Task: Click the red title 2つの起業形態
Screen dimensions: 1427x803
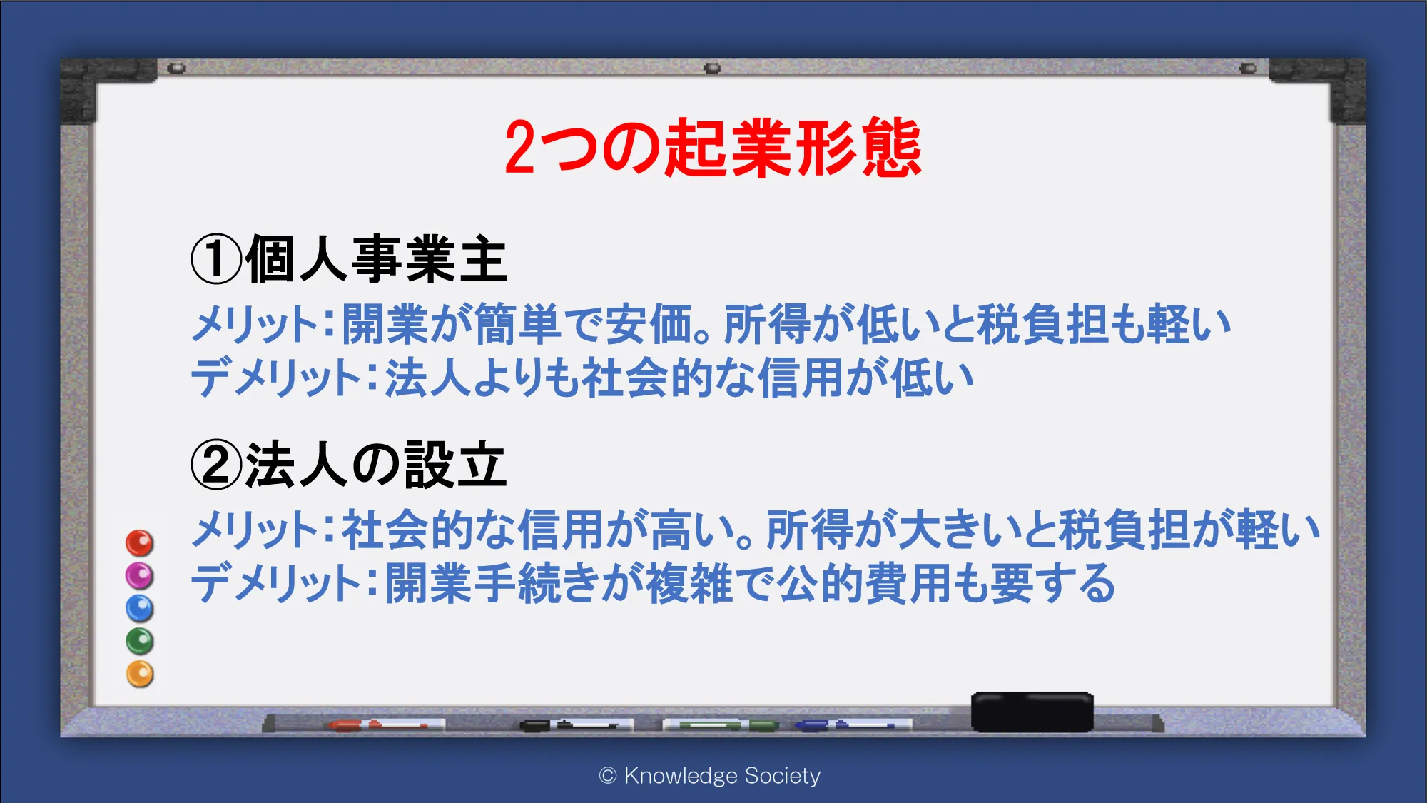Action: coord(713,148)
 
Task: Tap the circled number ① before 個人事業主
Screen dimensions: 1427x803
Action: coord(217,260)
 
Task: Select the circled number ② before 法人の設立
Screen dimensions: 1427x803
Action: coord(217,465)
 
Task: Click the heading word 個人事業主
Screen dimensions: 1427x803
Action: coord(377,260)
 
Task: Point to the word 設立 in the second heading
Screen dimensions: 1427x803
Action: coord(455,465)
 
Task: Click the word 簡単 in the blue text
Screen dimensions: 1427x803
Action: coord(517,324)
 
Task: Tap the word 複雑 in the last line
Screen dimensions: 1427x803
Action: coord(689,583)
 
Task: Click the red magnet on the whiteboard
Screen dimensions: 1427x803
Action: coord(140,543)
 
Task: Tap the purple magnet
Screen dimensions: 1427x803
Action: coord(140,576)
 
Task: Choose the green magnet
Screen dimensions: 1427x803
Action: coord(140,641)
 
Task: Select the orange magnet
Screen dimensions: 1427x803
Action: coord(140,674)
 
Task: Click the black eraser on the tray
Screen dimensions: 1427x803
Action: coord(1032,712)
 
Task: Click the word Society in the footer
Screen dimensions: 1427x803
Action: coord(782,776)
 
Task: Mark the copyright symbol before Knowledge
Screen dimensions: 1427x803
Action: coord(608,776)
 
